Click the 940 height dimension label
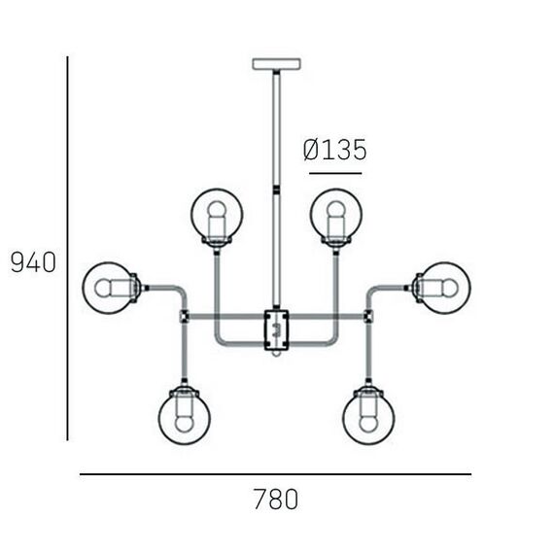34,262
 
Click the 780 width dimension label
276,499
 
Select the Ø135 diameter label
335,150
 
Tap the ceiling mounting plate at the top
277,63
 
